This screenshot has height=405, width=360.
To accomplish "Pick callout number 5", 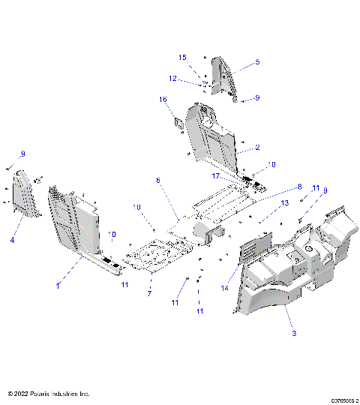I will click(257, 62).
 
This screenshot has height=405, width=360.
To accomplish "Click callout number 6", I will click(157, 180).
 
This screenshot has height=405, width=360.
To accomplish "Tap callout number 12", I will click(172, 79).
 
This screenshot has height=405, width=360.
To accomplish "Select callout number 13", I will click(284, 203).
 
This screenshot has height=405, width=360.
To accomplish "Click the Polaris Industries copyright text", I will click(48, 393).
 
